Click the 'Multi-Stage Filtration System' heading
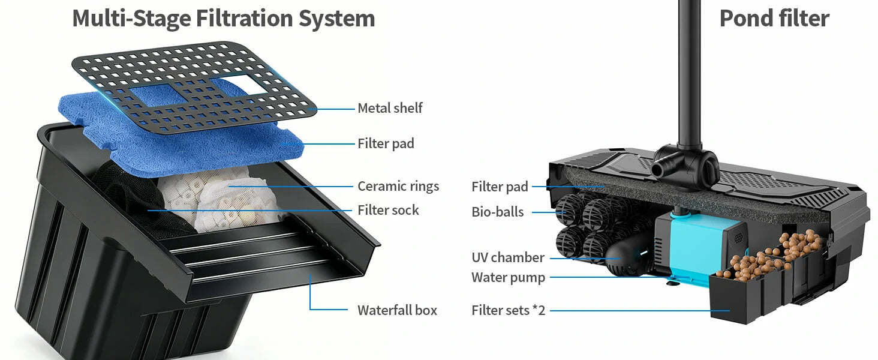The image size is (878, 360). [x=224, y=19]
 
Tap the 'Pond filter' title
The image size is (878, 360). [x=774, y=18]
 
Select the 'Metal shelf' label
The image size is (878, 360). [x=390, y=108]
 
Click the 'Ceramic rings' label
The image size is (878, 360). [x=398, y=186]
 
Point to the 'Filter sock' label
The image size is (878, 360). [x=389, y=210]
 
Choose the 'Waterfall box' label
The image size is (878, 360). [x=397, y=310]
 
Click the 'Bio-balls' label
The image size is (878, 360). [x=497, y=212]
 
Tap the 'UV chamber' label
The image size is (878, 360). [x=508, y=257]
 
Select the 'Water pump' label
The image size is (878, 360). [x=509, y=278]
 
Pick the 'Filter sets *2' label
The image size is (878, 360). [x=509, y=310]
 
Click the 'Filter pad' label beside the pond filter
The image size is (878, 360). [x=500, y=187]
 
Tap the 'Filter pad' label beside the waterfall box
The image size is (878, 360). [x=386, y=143]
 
